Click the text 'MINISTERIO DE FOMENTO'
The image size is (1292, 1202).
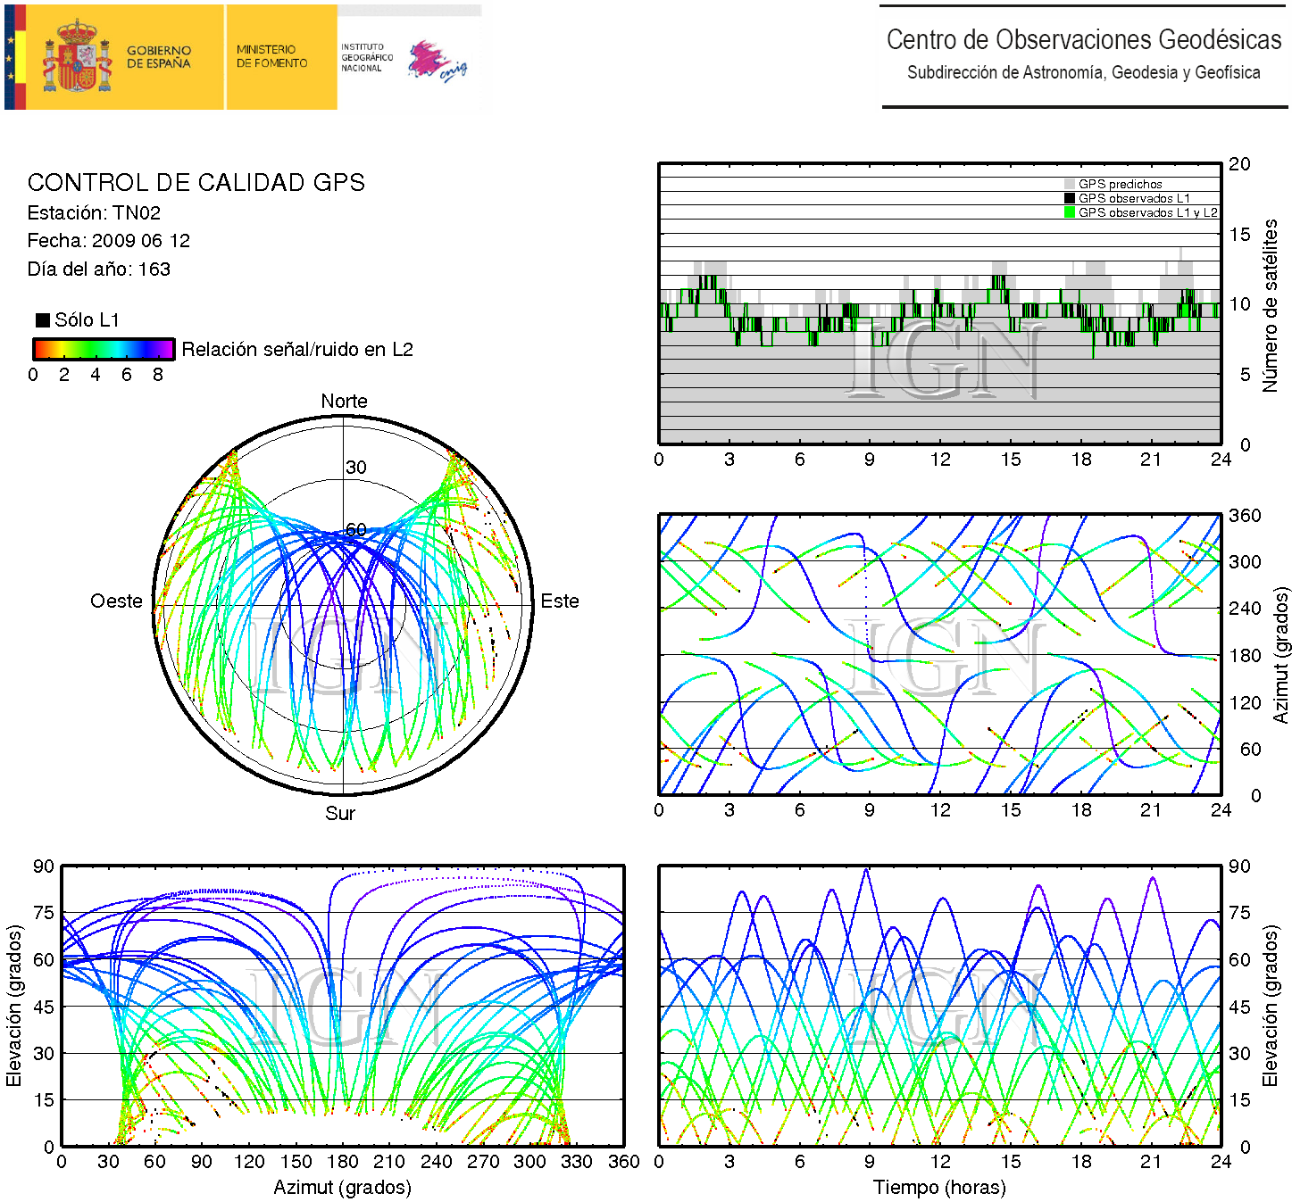coord(271,56)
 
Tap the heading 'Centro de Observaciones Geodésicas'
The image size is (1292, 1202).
coord(1083,40)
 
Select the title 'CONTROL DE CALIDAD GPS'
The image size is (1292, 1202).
coord(196,183)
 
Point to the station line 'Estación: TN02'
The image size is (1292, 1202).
coord(94,212)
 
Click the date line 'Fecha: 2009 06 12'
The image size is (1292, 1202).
coord(108,241)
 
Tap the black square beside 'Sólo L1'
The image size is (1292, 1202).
coord(42,320)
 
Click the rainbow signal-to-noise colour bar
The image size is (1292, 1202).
coord(104,349)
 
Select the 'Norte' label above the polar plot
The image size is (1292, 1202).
coord(344,402)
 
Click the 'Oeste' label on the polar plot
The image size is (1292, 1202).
coord(116,601)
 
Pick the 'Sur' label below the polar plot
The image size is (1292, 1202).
coord(340,814)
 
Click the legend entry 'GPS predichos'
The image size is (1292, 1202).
coord(1120,184)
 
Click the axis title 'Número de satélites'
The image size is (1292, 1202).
coord(1270,305)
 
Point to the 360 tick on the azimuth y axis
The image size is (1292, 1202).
coord(1244,516)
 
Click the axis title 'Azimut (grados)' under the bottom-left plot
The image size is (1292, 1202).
coord(342,1188)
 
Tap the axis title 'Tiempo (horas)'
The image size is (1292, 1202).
coord(939,1188)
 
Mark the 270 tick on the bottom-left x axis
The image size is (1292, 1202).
coord(483,1162)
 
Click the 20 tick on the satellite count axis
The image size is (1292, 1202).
coord(1239,164)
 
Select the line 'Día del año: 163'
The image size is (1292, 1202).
coord(98,269)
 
